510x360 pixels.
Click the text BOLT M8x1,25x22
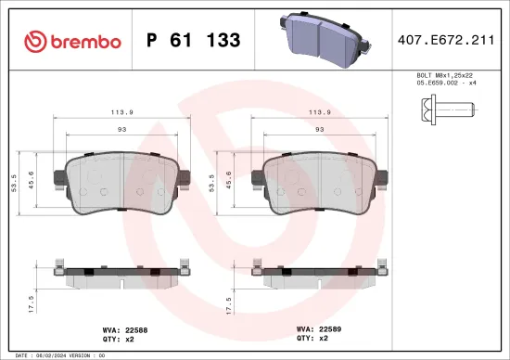(x=443, y=75)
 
